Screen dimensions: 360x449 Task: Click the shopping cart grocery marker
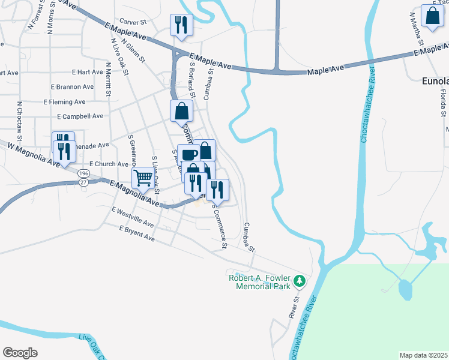tap(143, 178)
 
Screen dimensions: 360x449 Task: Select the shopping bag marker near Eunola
tap(432, 16)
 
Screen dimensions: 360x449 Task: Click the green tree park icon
tap(299, 280)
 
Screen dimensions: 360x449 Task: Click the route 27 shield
tap(83, 182)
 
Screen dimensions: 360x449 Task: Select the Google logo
tap(20, 353)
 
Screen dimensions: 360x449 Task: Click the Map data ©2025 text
tap(424, 355)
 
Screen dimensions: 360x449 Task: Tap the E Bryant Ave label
tap(137, 234)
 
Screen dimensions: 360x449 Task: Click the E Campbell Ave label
tap(80, 116)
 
